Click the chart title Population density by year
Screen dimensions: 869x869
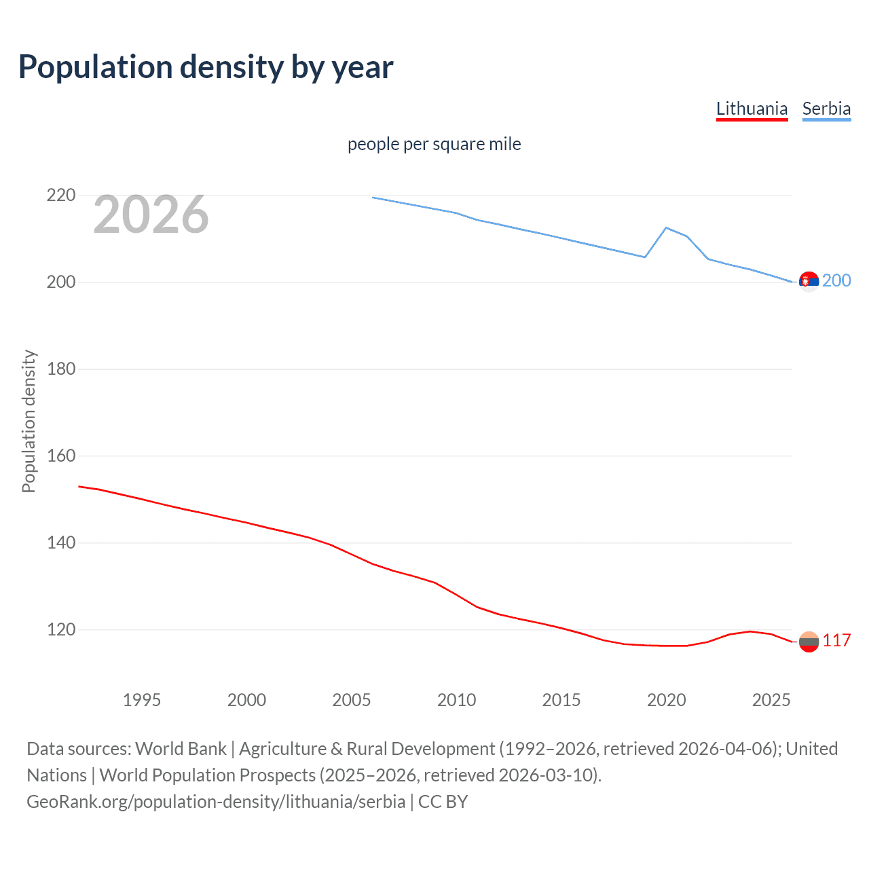(206, 67)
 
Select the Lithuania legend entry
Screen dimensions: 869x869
(752, 109)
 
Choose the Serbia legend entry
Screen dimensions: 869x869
(826, 109)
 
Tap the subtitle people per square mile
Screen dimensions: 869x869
(434, 144)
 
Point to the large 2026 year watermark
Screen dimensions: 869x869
(151, 215)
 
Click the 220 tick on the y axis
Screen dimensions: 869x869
(61, 196)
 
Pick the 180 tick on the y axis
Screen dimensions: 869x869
(61, 369)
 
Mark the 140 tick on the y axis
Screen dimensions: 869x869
(61, 543)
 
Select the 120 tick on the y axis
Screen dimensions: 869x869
(61, 630)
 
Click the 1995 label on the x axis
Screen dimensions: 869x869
(142, 700)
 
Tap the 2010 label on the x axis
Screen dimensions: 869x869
(456, 700)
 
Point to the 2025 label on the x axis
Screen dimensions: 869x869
(771, 700)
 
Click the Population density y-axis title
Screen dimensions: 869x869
(29, 421)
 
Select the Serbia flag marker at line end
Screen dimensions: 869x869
(809, 281)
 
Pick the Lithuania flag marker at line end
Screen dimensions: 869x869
(809, 642)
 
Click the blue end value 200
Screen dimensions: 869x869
(836, 280)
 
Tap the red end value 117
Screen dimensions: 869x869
(836, 640)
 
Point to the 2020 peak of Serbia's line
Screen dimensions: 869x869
(666, 227)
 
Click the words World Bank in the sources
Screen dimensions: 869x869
(181, 749)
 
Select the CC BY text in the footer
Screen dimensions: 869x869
(443, 802)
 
